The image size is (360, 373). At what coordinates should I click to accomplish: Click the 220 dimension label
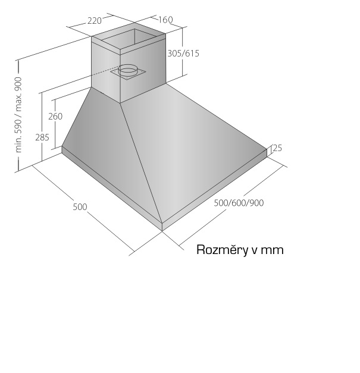(x=95, y=21)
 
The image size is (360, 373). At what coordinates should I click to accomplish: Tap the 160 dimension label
(x=165, y=20)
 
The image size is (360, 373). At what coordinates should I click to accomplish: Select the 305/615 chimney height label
(x=183, y=54)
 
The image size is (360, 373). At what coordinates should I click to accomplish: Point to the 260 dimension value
(x=55, y=117)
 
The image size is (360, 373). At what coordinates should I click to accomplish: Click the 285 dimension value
(x=42, y=137)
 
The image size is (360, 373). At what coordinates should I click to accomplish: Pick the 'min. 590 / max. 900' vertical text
(x=18, y=115)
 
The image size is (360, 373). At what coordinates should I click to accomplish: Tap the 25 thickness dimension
(x=277, y=148)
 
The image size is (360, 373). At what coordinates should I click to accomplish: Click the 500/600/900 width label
(x=239, y=203)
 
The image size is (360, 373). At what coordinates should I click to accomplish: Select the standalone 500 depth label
(x=80, y=206)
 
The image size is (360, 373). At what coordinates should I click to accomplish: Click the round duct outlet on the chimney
(x=128, y=71)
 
